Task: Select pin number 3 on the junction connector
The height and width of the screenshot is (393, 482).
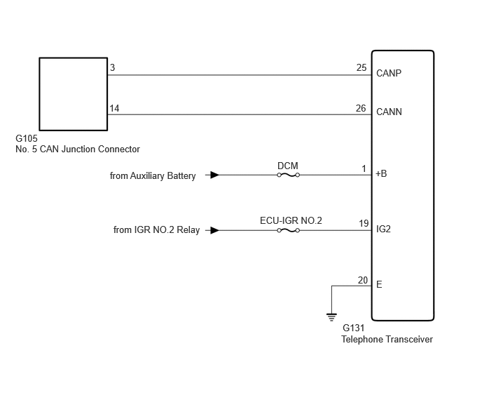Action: [113, 67]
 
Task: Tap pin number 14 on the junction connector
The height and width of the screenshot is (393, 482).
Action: [114, 108]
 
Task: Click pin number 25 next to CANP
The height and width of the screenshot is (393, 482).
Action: [361, 67]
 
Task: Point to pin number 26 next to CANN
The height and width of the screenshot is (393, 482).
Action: [361, 108]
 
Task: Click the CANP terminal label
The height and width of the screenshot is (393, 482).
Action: [389, 73]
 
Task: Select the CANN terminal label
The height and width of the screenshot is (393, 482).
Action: [389, 112]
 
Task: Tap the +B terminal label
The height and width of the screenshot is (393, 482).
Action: [381, 174]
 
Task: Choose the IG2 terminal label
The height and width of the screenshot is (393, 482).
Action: [383, 229]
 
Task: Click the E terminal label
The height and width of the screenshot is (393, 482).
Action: [379, 285]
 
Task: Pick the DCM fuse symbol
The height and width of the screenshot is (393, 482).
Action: [289, 175]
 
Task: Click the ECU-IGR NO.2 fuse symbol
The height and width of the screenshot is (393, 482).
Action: [289, 230]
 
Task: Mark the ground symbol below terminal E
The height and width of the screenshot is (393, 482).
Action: [331, 317]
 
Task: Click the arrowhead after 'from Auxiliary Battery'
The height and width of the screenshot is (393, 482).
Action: [214, 175]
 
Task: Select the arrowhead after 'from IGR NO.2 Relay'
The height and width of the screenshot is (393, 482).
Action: [214, 230]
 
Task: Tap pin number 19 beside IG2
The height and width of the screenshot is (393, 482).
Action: [364, 223]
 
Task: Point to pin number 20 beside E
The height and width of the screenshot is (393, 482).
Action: [363, 280]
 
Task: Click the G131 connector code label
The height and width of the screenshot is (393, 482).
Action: [354, 328]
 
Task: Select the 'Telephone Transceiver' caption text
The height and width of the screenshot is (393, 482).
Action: [387, 340]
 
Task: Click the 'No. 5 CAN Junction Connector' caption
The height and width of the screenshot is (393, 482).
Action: [78, 149]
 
